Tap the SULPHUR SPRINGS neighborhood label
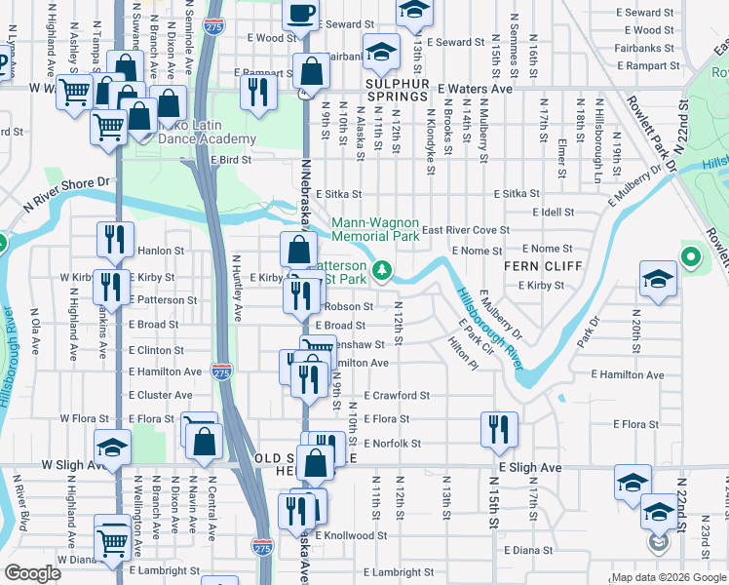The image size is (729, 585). [382, 97]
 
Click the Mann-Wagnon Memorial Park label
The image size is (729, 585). [375, 229]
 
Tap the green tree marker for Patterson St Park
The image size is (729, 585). [385, 268]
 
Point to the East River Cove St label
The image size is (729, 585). [466, 230]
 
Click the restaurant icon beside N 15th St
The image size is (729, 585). [499, 428]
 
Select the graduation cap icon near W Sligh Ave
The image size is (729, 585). [113, 448]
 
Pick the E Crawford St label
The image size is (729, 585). [397, 396]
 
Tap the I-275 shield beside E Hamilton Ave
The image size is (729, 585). [221, 370]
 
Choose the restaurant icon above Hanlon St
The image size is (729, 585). [115, 238]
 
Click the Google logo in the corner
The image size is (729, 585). [33, 572]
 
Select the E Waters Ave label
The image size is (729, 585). [475, 89]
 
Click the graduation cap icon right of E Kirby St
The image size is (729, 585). [658, 277]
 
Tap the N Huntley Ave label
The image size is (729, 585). [236, 289]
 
